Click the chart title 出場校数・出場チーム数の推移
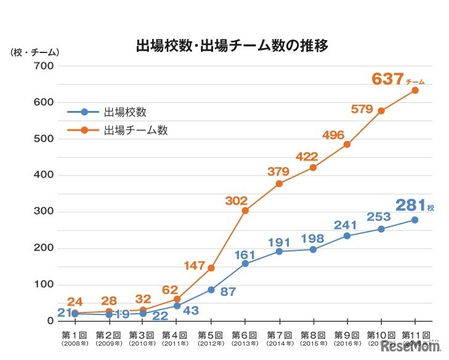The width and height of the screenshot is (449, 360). pyautogui.click(x=233, y=46)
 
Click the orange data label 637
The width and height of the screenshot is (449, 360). pyautogui.click(x=388, y=79)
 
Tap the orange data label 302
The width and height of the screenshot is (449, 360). pyautogui.click(x=237, y=200)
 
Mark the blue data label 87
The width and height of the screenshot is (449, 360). pyautogui.click(x=229, y=291)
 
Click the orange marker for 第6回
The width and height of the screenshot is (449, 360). pyautogui.click(x=245, y=211)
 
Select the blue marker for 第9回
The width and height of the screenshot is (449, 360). pyautogui.click(x=347, y=236)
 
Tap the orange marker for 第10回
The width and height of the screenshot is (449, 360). pyautogui.click(x=381, y=111)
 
